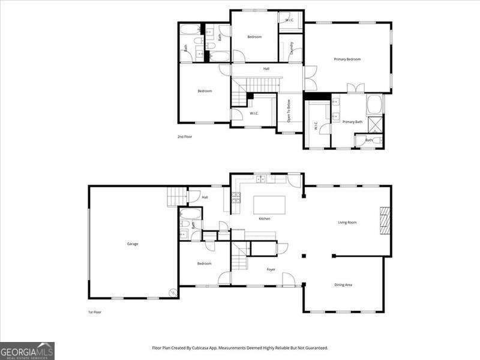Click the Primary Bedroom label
click(x=347, y=59)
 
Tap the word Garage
click(x=133, y=244)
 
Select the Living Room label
click(x=347, y=223)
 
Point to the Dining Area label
click(x=343, y=284)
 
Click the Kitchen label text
click(x=265, y=218)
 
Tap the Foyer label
click(x=271, y=269)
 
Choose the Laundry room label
click(x=291, y=48)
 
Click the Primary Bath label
click(x=352, y=122)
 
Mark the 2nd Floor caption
click(x=184, y=137)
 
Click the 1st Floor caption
click(x=94, y=313)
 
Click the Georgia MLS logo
click(x=27, y=350)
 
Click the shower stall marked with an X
click(x=376, y=124)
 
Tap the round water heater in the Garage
click(x=172, y=293)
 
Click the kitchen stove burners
click(x=236, y=197)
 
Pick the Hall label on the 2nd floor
click(x=266, y=69)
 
